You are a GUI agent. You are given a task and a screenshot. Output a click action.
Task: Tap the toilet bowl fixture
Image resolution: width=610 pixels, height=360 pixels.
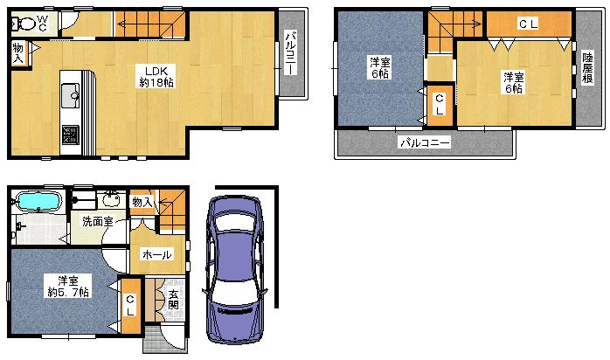pos(24,24)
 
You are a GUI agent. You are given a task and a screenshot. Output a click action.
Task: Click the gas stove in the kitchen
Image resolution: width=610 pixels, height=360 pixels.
pos(68,135)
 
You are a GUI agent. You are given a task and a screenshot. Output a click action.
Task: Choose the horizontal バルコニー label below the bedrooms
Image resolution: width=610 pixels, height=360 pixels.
pos(424,142)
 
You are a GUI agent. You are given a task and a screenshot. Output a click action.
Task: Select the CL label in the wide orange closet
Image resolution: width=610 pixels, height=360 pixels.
pos(528,24)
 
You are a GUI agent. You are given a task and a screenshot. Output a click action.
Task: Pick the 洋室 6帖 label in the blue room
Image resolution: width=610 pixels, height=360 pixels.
pos(379,68)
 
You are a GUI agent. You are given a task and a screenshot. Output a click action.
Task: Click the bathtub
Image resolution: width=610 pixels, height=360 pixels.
pos(38,202)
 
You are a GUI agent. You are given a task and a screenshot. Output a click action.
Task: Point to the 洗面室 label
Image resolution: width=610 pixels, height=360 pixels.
pos(97,222)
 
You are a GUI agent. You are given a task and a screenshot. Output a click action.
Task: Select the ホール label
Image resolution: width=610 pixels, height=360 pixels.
pos(157,255)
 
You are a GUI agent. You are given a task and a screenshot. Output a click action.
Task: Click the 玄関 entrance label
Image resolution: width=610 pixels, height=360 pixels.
pos(172,299)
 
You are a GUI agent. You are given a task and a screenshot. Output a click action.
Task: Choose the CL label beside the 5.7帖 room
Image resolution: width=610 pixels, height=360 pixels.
pos(130,305)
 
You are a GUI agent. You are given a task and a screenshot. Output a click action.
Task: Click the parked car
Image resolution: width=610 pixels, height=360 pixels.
pos(234,267)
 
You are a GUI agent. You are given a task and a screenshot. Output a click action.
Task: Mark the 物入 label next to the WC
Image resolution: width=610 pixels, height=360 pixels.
pos(18,53)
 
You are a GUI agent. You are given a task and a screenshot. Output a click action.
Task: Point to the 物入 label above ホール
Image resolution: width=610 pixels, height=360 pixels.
pos(142,203)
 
